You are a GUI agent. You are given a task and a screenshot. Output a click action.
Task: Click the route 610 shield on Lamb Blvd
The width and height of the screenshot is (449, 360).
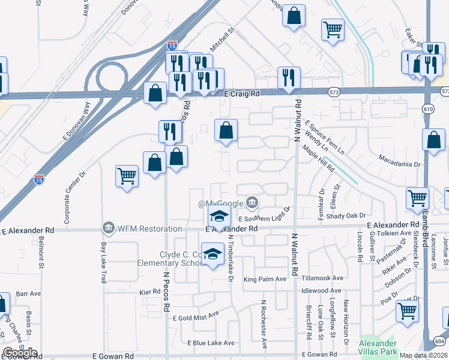[x=427, y=109]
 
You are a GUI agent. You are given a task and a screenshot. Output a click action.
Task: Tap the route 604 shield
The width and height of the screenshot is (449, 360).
[x=442, y=340]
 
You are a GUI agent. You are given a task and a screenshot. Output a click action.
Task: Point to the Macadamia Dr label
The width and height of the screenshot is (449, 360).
[x=400, y=163]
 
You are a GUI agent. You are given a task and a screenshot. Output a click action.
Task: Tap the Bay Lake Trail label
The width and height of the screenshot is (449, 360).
[x=104, y=262]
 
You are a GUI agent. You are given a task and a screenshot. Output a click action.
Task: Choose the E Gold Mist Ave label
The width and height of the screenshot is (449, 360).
[x=195, y=316]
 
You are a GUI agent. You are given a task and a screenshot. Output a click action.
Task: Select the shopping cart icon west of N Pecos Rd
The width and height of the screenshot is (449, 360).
[x=127, y=176]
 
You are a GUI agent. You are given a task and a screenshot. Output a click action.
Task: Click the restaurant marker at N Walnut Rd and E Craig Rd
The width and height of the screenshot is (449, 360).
[x=289, y=77]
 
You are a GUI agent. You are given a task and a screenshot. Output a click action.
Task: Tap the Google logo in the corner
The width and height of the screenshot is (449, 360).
[x=20, y=352]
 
